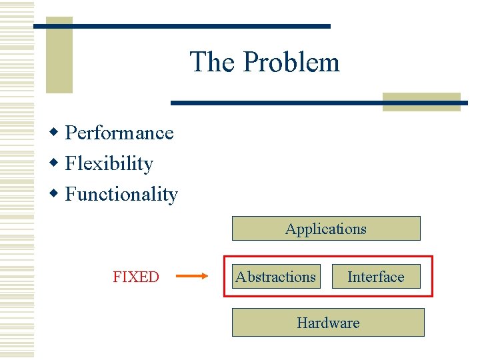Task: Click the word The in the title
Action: [x=212, y=63]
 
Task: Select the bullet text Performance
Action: [x=119, y=133]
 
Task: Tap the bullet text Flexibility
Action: [x=109, y=164]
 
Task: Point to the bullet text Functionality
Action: [x=121, y=195]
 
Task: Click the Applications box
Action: [x=326, y=229]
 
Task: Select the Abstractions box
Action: [x=275, y=277]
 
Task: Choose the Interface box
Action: [x=376, y=277]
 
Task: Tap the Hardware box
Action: [x=328, y=323]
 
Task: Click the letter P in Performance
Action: [x=71, y=133]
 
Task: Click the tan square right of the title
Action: [x=421, y=102]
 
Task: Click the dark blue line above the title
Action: [x=182, y=26]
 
